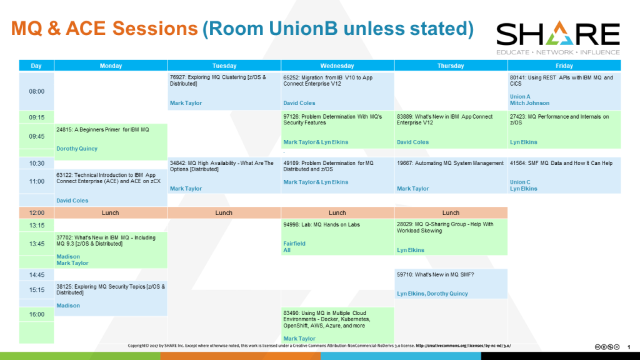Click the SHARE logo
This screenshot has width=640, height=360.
558,38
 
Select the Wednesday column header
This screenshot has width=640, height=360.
337,66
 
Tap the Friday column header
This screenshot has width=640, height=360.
564,66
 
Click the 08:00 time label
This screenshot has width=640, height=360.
36,91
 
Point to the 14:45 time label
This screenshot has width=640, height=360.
36,275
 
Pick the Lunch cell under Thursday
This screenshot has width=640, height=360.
451,212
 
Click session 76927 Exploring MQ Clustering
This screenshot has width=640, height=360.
218,81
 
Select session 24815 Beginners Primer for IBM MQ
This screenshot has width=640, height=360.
102,130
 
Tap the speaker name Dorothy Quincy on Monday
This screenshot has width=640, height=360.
77,149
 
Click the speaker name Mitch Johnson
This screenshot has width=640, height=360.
529,103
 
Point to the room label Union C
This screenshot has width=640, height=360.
520,182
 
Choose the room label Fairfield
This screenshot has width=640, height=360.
294,244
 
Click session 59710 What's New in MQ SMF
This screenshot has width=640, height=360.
435,275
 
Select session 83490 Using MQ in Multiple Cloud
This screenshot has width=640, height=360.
327,319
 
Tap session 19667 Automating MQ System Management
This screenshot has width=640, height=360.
450,163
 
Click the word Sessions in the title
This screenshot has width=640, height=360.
155,29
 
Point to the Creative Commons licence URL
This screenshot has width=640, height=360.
463,346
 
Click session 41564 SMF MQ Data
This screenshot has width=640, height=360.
561,163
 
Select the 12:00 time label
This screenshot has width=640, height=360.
36,212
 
